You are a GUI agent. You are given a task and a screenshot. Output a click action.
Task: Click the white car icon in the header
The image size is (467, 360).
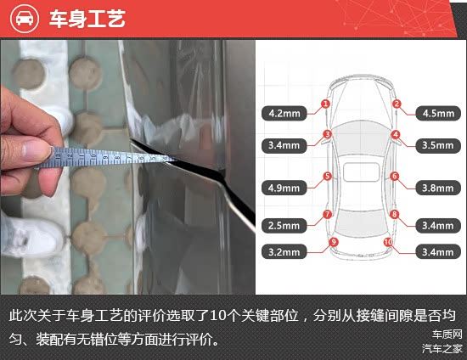click(25, 19)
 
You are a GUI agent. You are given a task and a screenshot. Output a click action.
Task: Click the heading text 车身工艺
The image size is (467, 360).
click(87, 19)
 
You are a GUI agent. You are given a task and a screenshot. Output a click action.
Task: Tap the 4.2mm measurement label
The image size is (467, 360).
click(284, 113)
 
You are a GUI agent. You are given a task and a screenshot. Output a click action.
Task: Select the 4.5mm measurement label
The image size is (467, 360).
click(438, 113)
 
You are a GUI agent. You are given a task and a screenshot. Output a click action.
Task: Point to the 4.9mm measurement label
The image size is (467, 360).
click(284, 188)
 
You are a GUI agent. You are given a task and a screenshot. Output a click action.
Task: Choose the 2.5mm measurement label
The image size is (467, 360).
click(284, 225)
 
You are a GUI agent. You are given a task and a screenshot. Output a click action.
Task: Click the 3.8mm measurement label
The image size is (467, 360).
click(438, 188)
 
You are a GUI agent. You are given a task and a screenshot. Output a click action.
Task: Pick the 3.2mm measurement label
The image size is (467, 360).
click(284, 252)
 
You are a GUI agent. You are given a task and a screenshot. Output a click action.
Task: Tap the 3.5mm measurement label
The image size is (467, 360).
click(438, 145)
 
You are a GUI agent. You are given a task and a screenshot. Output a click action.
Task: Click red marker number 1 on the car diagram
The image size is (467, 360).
click(325, 104)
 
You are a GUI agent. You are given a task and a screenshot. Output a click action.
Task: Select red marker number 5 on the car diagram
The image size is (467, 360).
click(327, 176)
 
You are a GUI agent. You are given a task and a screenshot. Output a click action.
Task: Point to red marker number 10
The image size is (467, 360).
click(388, 242)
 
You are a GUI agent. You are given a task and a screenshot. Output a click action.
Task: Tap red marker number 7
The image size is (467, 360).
click(327, 214)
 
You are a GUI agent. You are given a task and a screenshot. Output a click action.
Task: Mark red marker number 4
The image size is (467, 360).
click(396, 135)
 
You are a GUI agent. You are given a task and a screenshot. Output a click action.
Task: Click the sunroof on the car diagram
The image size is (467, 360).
click(361, 172)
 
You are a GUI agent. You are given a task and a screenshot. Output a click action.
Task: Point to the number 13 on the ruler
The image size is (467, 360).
click(59, 155)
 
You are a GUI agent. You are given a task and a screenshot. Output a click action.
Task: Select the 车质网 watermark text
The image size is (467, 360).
click(447, 335)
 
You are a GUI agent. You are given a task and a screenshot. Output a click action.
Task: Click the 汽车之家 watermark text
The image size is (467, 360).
click(442, 348)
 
